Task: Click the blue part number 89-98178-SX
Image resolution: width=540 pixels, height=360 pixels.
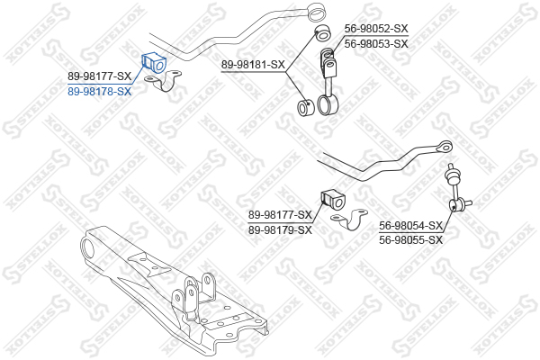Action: tap(100, 92)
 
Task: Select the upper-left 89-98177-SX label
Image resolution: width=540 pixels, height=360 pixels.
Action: tap(100, 76)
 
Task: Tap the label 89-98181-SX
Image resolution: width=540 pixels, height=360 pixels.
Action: tap(253, 65)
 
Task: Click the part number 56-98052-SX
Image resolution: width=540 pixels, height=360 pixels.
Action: tap(376, 29)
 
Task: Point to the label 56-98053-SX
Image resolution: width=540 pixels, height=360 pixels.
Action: tap(376, 44)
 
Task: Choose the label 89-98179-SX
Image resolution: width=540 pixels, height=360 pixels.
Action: tap(280, 229)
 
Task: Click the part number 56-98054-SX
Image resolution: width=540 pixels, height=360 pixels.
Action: tap(410, 226)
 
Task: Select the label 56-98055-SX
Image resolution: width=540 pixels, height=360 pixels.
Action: tap(410, 239)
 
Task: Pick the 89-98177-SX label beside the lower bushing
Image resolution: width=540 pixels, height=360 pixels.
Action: tap(280, 215)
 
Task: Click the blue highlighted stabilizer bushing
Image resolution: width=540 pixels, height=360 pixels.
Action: tap(154, 62)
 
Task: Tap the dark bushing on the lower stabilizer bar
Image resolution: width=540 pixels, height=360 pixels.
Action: tap(333, 200)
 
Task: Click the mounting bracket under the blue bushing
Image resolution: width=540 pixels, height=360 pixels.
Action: tap(163, 81)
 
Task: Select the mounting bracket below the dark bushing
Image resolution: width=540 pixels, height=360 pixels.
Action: tap(349, 220)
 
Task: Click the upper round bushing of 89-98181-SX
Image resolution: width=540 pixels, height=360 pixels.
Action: tap(323, 32)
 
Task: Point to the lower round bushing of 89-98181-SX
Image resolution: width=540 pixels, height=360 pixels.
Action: tap(305, 107)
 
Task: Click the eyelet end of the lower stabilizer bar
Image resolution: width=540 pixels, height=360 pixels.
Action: tap(445, 147)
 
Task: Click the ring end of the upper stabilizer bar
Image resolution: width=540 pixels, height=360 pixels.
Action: tap(316, 11)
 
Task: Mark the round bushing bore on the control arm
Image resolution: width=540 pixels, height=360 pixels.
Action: tap(88, 249)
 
